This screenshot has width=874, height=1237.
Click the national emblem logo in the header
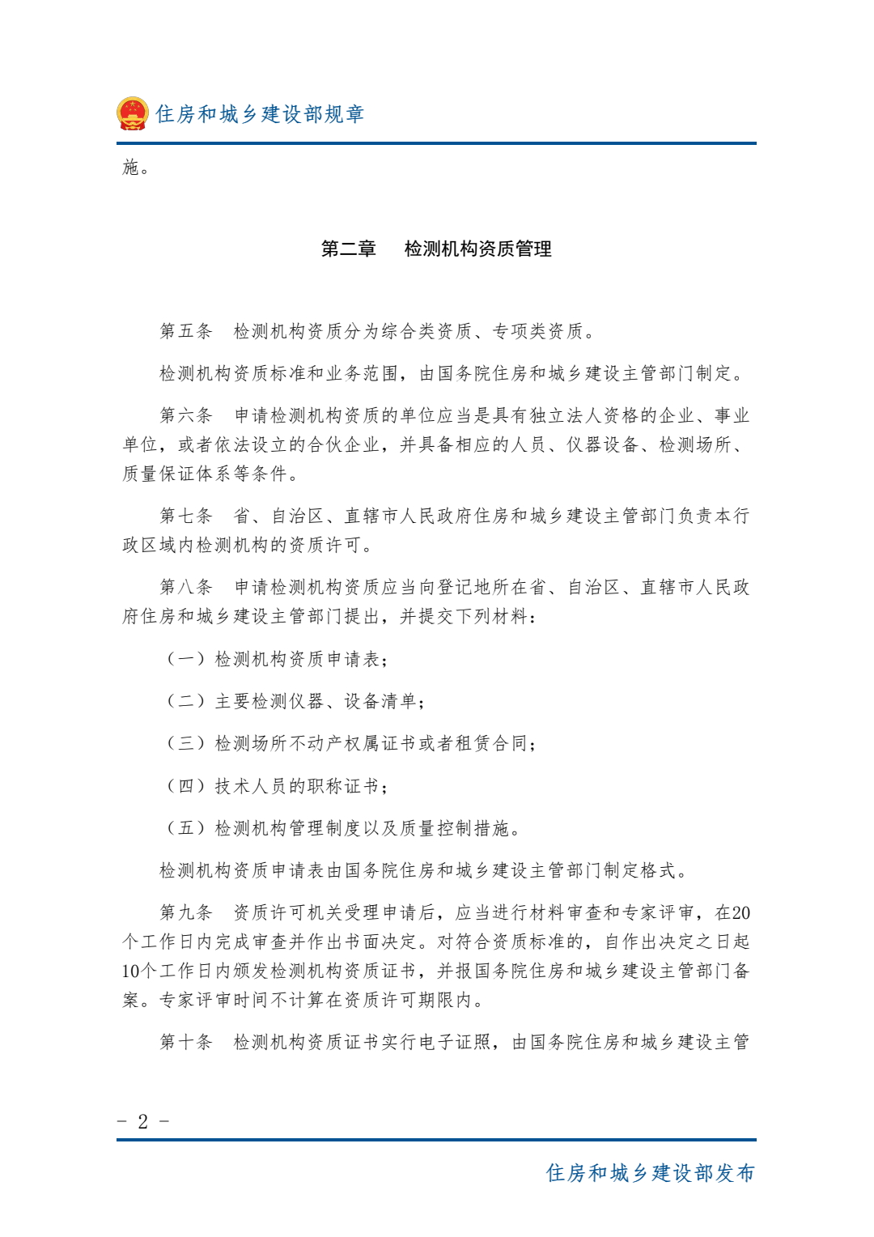coord(132,113)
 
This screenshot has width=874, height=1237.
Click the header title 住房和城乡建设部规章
coord(260,114)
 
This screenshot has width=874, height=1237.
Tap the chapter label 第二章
coord(348,249)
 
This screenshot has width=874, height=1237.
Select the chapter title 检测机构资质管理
coord(477,249)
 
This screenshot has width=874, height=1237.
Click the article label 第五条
coord(185,331)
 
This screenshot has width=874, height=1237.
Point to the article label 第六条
coord(185,415)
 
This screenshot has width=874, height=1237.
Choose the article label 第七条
coord(185,516)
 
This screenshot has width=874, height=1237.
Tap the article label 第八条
coord(185,587)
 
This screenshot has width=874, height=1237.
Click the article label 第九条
coord(185,912)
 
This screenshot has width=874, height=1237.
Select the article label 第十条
coord(185,1042)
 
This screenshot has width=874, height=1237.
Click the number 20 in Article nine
coord(740,913)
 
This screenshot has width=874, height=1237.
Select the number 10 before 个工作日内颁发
coord(131,971)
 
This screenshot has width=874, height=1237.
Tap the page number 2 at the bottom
coord(143,1121)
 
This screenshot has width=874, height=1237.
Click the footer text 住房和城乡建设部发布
coord(650,1173)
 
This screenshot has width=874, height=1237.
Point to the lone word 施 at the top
coord(131,168)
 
